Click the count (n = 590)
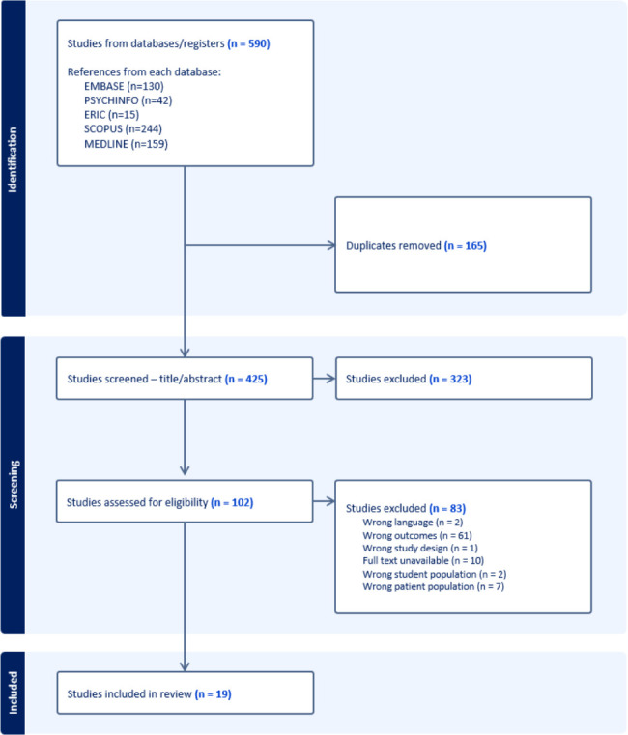tap(248, 43)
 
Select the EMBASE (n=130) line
tap(124, 86)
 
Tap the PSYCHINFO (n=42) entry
tap(128, 100)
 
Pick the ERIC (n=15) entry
tap(112, 114)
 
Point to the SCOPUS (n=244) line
tap(123, 128)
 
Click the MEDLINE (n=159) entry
tap(126, 144)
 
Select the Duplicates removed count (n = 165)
tap(466, 245)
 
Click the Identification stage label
tap(13, 159)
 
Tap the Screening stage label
tap(14, 485)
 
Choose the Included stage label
tap(14, 693)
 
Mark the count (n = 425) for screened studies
tap(245, 379)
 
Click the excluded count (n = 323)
tap(450, 379)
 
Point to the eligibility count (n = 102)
tap(232, 502)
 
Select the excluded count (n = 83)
tap(447, 508)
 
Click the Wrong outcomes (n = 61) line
tap(417, 535)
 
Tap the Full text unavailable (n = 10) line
tap(423, 560)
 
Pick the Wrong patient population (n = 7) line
tap(434, 586)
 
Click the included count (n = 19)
tap(213, 693)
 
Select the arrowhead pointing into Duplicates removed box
tap(331, 245)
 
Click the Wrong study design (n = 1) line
tap(420, 548)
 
